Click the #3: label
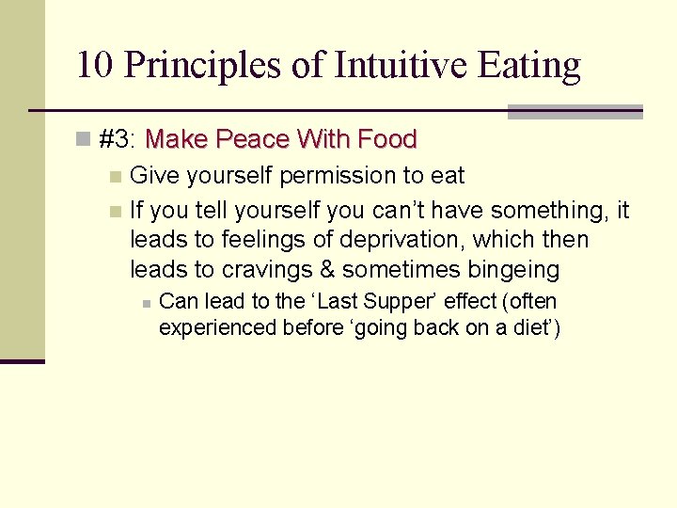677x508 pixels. pos(118,140)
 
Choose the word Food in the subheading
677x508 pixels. pos(386,140)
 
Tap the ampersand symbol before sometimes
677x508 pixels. pos(327,271)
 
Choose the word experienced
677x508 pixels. pos(218,328)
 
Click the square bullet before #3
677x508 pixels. pos(84,140)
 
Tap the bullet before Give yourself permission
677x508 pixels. pos(115,176)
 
